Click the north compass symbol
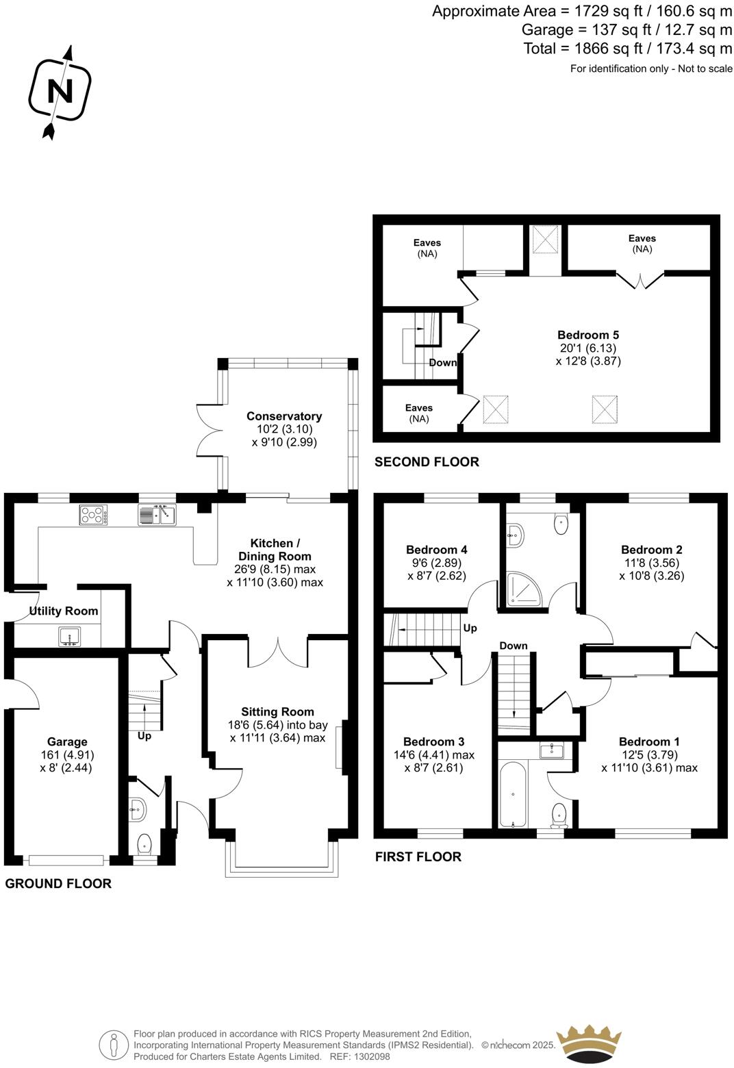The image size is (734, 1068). [59, 91]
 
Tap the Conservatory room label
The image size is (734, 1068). [284, 416]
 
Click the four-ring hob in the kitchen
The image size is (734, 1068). [93, 515]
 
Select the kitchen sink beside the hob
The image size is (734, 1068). [157, 514]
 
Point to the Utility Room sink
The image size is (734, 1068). [69, 637]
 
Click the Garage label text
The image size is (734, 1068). [67, 741]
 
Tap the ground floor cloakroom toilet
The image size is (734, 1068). [144, 843]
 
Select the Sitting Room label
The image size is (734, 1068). [277, 712]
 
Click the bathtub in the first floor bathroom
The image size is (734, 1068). [513, 794]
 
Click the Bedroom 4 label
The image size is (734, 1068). [436, 550]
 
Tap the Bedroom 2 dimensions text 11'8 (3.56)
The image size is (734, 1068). [651, 563]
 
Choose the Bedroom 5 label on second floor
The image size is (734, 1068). [587, 335]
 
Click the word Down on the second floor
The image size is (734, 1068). [442, 362]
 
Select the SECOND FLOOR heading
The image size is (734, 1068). [427, 462]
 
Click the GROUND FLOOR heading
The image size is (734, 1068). [58, 884]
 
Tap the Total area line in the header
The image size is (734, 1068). [627, 48]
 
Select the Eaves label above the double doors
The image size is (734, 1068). [642, 238]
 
